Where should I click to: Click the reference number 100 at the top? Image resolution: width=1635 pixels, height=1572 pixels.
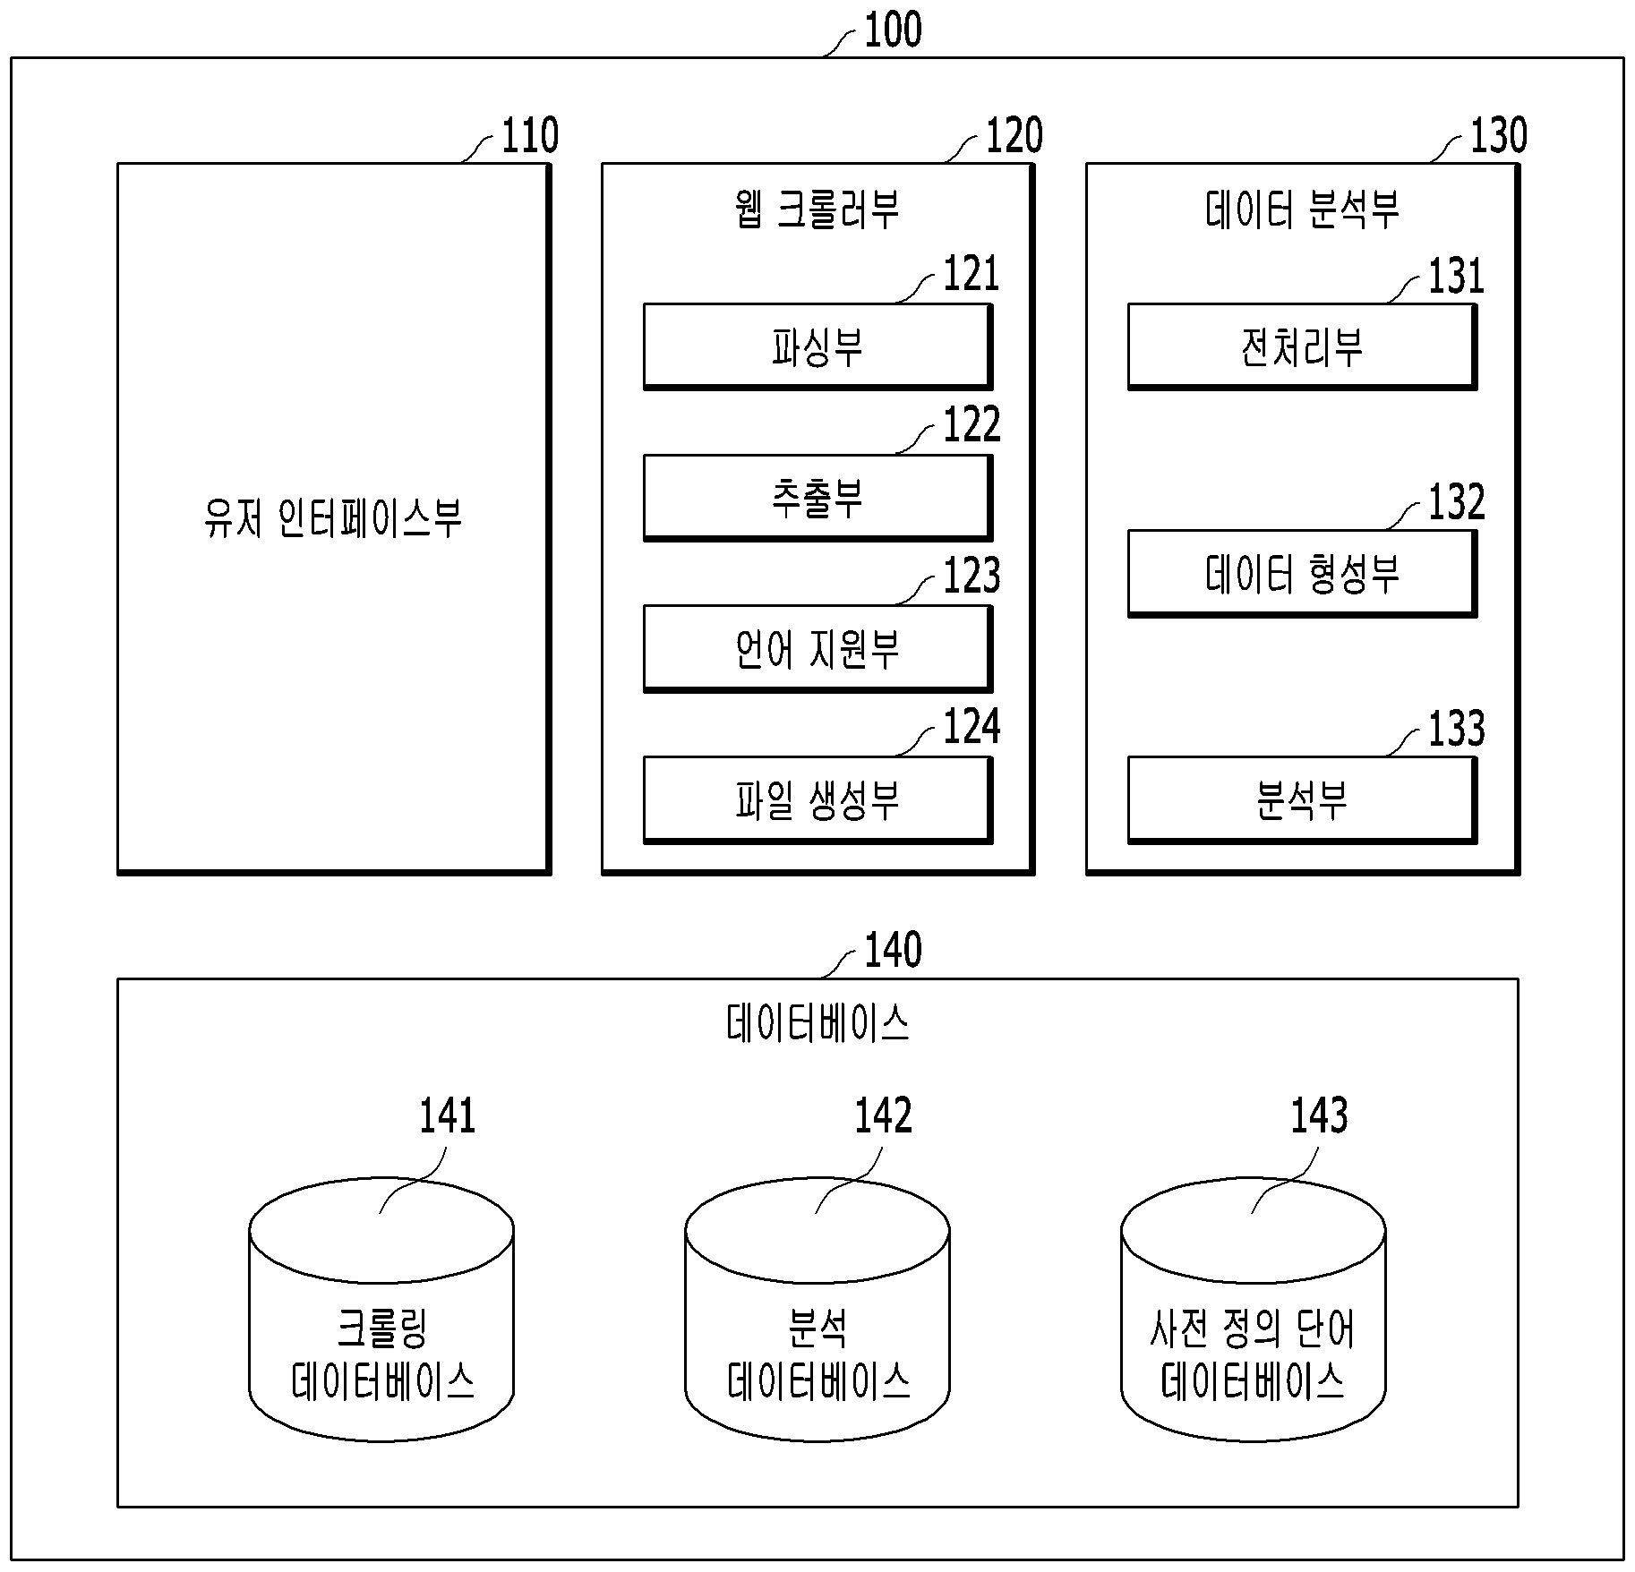pyautogui.click(x=893, y=30)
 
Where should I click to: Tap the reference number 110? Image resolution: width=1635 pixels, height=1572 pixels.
pyautogui.click(x=529, y=136)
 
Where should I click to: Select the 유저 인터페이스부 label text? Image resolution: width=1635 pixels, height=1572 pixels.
pyautogui.click(x=333, y=518)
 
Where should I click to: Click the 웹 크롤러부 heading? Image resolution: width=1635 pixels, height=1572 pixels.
pyautogui.click(x=817, y=209)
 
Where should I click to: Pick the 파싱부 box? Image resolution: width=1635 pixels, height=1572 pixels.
pyautogui.click(x=817, y=347)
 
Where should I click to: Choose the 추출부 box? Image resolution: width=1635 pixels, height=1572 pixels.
pyautogui.click(x=817, y=498)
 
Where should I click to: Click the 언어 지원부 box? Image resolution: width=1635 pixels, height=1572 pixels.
pyautogui.click(x=817, y=649)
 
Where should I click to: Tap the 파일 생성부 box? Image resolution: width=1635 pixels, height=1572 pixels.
pyautogui.click(x=817, y=800)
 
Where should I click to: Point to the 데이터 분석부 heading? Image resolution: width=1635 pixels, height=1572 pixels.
pyautogui.click(x=1301, y=209)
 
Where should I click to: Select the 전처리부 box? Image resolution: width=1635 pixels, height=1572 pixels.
pyautogui.click(x=1302, y=347)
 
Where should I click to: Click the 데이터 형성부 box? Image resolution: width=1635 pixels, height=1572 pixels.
pyautogui.click(x=1302, y=574)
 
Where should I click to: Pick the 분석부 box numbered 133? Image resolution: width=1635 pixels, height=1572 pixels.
pyautogui.click(x=1302, y=800)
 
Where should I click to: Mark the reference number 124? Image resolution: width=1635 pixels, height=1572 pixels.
pyautogui.click(x=972, y=727)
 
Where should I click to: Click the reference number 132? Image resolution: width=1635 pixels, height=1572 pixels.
pyautogui.click(x=1456, y=501)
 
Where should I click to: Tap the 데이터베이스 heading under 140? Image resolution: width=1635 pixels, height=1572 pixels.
pyautogui.click(x=817, y=1022)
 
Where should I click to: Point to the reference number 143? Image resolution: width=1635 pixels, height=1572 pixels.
pyautogui.click(x=1319, y=1116)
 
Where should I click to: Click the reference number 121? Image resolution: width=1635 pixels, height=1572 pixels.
pyautogui.click(x=972, y=275)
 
